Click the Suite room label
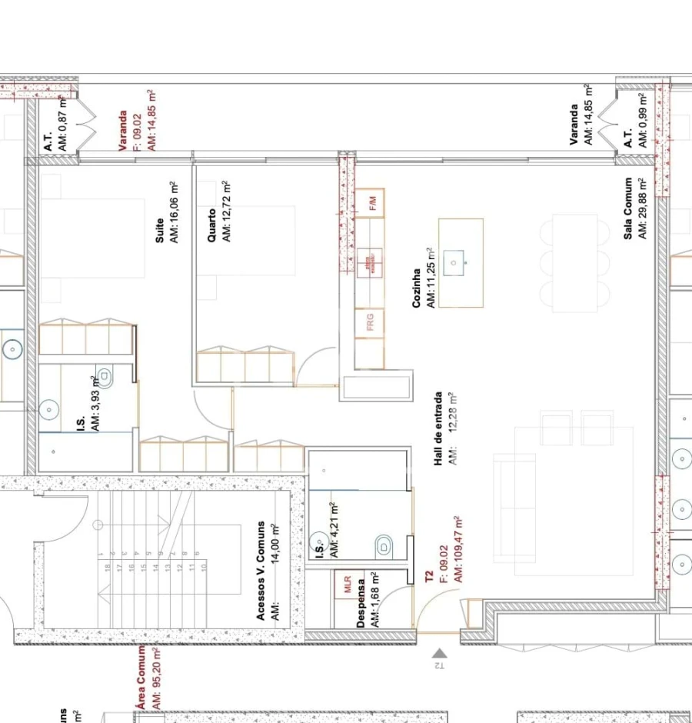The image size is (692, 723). point(159,231)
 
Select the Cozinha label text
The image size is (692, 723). point(416,288)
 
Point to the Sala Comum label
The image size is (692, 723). point(628,208)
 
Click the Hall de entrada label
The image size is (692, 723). point(438,428)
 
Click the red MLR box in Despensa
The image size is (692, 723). point(345,584)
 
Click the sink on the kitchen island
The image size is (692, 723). point(454,263)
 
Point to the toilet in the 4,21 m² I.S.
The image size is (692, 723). point(384,547)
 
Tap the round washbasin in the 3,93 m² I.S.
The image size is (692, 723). point(49,410)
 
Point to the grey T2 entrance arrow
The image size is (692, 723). point(439,654)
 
